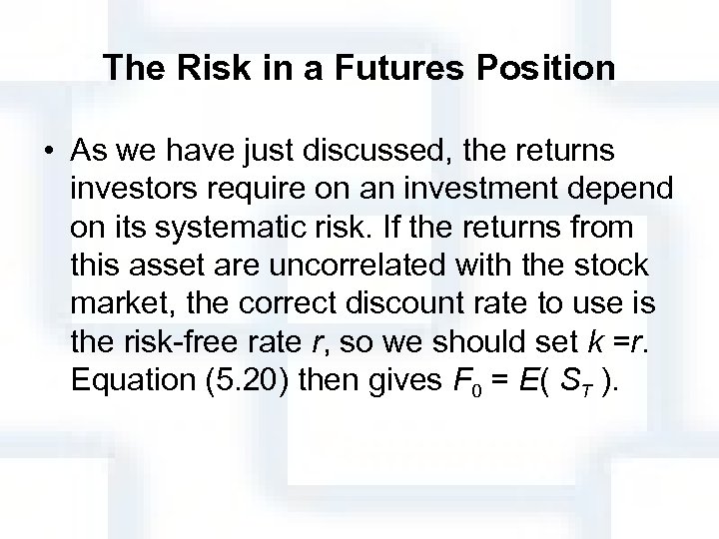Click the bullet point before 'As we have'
coord(49,153)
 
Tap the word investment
coord(462,191)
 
